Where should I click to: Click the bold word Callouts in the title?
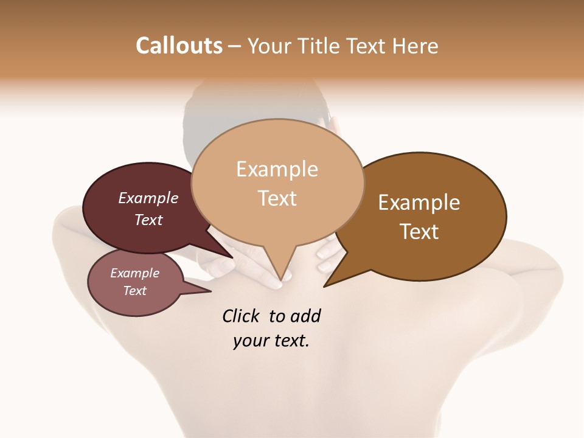pos(179,46)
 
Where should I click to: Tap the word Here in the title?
pos(416,46)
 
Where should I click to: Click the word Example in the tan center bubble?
pos(277,169)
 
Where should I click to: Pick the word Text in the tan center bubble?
pos(277,198)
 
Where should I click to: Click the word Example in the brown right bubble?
pos(419,203)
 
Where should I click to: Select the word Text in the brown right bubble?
pos(419,232)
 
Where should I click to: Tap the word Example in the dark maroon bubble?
pos(148,198)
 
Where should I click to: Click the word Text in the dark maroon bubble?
pos(148,220)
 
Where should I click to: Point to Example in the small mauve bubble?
pos(134,273)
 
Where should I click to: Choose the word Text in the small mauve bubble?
pos(134,291)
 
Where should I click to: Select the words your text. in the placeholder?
pos(271,341)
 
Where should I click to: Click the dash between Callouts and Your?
pos(235,46)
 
